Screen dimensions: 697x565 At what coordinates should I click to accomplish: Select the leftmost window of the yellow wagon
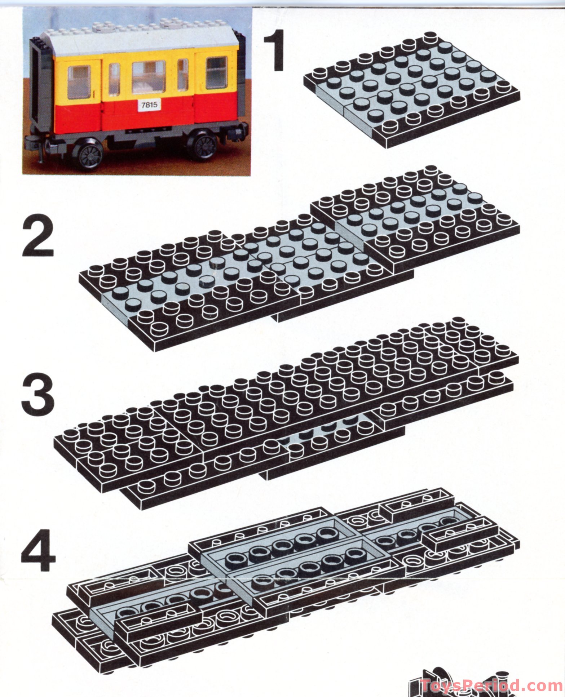[79, 82]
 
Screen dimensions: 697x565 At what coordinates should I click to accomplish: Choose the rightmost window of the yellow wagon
[216, 72]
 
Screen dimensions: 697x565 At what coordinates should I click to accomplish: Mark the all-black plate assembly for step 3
[285, 411]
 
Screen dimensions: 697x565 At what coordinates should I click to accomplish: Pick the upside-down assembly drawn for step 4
[285, 573]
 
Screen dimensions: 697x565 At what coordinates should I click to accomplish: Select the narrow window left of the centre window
[114, 80]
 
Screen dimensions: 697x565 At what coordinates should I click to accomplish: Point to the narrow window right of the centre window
[183, 75]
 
